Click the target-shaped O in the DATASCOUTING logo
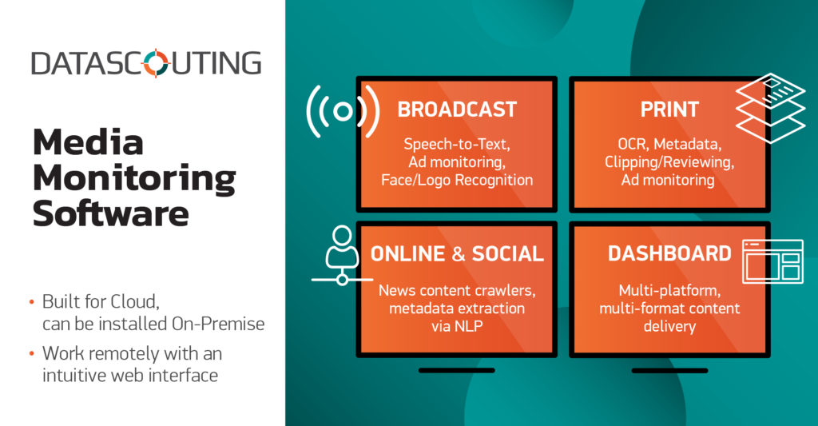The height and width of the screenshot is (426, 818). pos(156,63)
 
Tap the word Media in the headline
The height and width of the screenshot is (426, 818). pos(88,142)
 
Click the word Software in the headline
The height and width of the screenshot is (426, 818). pos(110,213)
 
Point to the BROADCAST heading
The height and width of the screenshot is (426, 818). pos(457,109)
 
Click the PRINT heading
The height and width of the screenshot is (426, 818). pos(669,109)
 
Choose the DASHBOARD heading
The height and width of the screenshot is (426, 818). pos(669,253)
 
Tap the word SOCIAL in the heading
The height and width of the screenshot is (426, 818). pos(507,253)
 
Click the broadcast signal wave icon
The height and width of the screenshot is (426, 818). pos(343,111)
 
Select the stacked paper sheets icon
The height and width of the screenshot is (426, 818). pos(771,108)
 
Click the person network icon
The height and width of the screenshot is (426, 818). pos(342,255)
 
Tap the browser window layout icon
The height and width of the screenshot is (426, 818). pos(772,261)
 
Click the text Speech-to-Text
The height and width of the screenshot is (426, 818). pos(457,144)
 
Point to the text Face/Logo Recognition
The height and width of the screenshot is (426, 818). pos(457,180)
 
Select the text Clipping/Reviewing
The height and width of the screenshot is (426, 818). pos(669,162)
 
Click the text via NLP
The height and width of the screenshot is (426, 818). pos(457,326)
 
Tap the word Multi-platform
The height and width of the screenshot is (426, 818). pos(669,290)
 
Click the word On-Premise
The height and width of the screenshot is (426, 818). pos(218,324)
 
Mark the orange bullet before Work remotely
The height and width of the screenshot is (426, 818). pos(32,353)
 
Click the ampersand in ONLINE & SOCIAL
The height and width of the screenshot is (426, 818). pos(459,253)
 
